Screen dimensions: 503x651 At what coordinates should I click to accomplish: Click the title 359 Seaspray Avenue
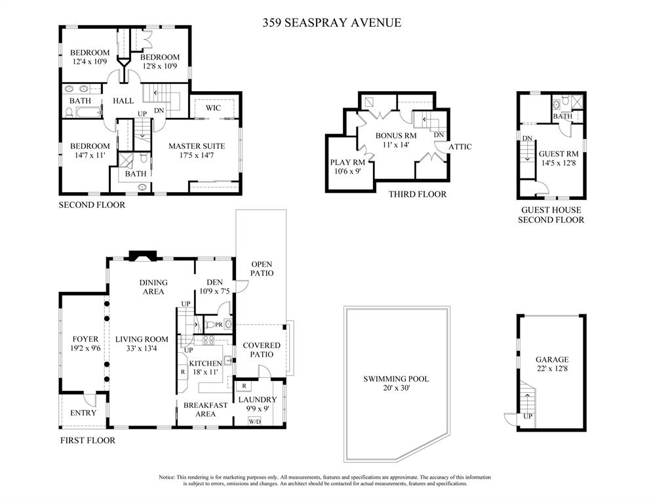(331, 23)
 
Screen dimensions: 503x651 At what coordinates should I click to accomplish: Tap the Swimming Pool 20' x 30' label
(397, 384)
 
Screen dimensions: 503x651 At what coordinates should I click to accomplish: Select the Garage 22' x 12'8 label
(551, 365)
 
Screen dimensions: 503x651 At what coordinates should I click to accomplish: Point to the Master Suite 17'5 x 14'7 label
(196, 151)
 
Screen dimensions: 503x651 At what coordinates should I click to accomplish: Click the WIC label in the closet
(213, 108)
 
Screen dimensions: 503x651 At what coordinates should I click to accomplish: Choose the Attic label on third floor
(460, 147)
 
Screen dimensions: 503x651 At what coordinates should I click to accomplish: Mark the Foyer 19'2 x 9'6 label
(85, 344)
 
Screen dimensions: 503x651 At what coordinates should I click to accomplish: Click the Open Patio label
(262, 268)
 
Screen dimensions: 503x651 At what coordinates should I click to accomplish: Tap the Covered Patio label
(262, 350)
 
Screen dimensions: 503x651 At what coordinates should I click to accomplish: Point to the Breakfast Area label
(205, 409)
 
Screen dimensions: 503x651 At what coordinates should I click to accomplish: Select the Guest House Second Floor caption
(551, 215)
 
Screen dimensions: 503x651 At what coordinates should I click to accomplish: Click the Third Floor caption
(417, 194)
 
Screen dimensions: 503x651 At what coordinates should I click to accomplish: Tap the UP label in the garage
(527, 416)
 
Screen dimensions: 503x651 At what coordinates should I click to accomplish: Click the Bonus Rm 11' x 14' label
(392, 140)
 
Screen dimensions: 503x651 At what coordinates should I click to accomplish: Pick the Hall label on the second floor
(123, 101)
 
